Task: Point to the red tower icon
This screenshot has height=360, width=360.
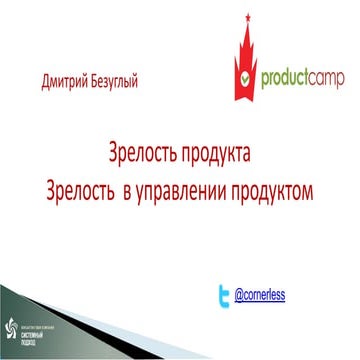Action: point(239,60)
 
